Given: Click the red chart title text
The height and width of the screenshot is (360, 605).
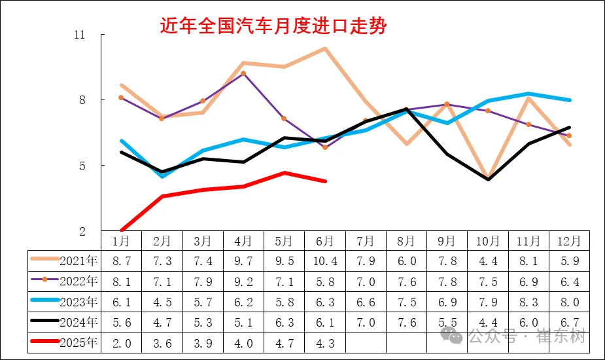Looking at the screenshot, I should pos(273,26).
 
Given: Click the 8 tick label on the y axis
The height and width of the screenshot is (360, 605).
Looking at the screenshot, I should pos(82,100).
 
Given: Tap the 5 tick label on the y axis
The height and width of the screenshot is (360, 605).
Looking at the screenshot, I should pos(82,166).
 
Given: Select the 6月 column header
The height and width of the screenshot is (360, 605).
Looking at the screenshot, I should pos(324,241).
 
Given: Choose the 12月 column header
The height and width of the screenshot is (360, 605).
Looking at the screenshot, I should pos(569,241).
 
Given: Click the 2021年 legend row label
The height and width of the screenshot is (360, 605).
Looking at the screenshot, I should pos(78,261).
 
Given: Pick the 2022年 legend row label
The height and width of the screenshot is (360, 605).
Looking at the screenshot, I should pos(78,281).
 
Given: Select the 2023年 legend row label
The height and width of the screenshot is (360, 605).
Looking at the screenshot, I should pos(78,302).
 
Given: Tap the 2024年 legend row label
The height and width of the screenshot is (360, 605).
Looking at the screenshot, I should pos(78,322).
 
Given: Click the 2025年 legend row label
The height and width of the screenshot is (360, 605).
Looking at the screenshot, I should pos(78,343).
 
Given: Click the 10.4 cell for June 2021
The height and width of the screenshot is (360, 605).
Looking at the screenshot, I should pos(324,261).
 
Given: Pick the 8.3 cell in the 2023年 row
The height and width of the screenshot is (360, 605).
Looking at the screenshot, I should pos(528,302).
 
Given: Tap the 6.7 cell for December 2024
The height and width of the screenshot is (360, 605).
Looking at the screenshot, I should pos(569,322).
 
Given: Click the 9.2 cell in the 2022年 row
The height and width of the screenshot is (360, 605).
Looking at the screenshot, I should pos(243,281).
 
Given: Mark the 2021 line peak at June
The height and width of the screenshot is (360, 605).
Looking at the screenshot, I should pos(325,48).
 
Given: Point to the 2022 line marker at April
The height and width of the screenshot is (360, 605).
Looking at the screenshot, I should pos(243,73).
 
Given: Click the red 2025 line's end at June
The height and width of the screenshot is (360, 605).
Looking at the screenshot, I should pos(325,181).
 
